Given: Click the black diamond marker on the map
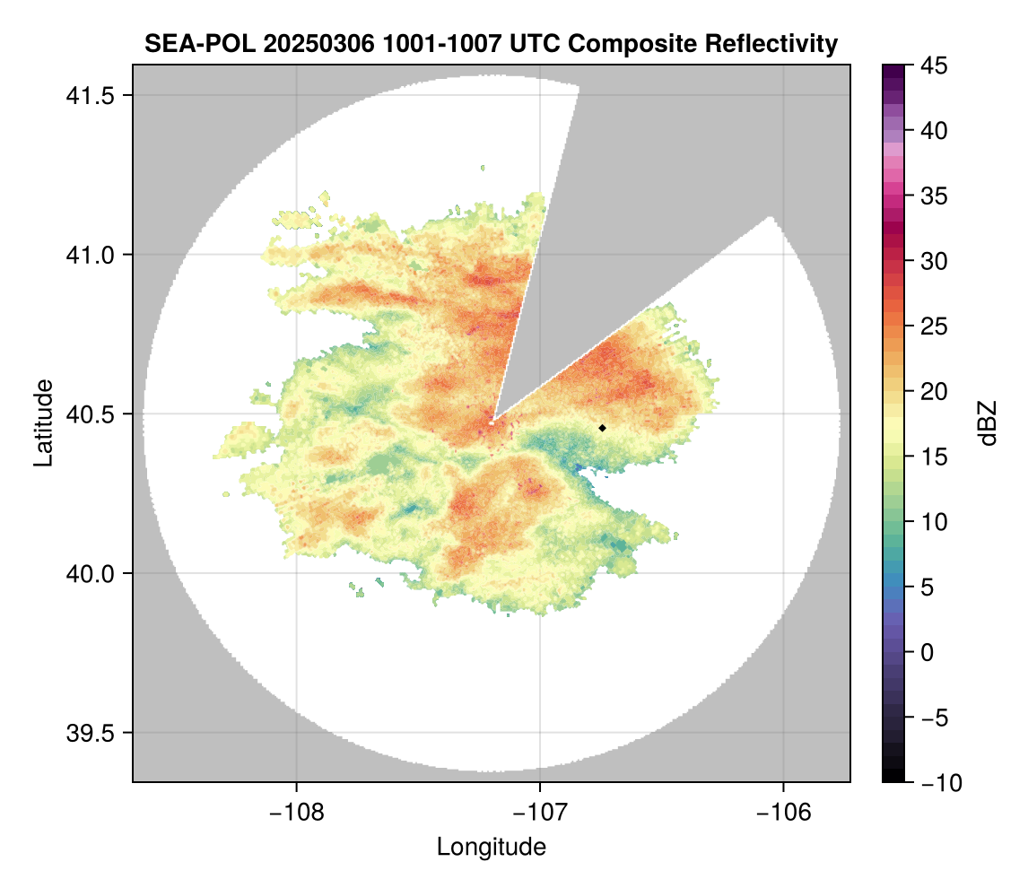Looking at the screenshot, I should (x=603, y=428).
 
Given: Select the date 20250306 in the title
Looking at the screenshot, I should (x=297, y=43).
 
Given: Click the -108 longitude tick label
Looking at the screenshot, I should (x=296, y=812).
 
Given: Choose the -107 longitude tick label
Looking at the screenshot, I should (x=540, y=812).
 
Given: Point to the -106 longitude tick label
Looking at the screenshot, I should (x=784, y=812).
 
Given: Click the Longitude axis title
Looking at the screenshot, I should (x=492, y=846).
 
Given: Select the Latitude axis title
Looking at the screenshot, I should (x=43, y=422).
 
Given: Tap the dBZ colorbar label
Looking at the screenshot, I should (x=988, y=423).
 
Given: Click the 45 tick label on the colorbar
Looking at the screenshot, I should (x=935, y=65).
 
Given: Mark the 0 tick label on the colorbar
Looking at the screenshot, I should (x=930, y=652).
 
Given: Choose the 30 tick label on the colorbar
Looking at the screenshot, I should (x=935, y=261).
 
